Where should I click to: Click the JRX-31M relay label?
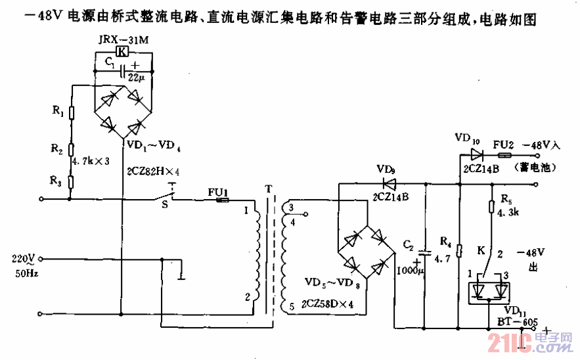tap(123, 40)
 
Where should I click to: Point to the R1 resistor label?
tap(58, 112)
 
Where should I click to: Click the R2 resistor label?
tap(58, 150)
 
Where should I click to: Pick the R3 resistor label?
tap(58, 179)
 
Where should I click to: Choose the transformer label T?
tap(268, 189)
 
